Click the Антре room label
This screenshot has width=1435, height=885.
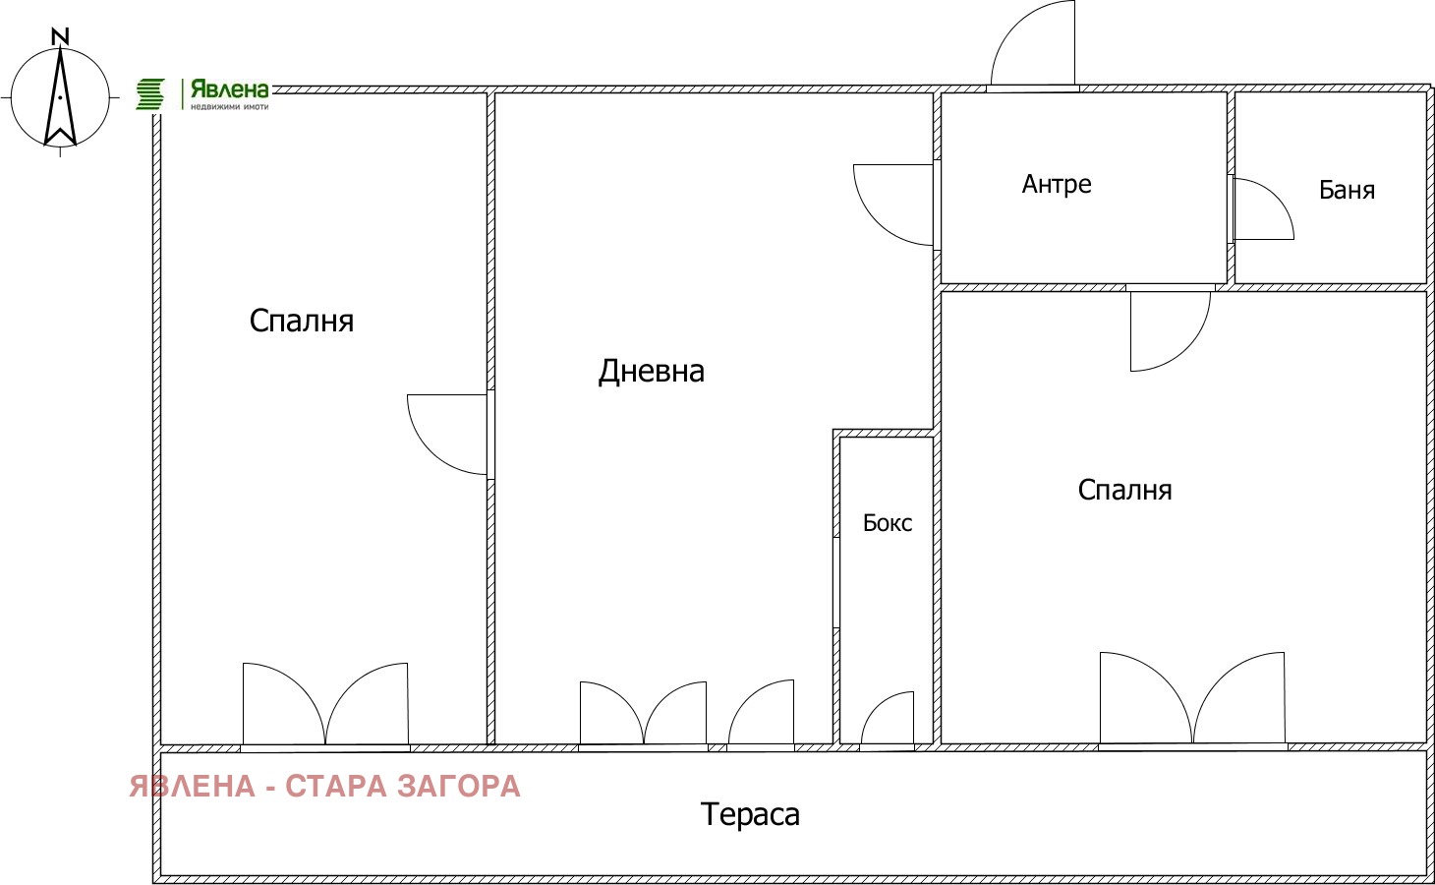pos(1057,185)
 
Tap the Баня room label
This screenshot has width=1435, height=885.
pos(1347,190)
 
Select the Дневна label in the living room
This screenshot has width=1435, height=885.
pos(652,372)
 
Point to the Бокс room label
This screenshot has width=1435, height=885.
pos(887,523)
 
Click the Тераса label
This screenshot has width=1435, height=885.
pos(750,815)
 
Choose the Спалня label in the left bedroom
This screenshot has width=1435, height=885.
pos(302,322)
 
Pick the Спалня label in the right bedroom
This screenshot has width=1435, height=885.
pos(1124,490)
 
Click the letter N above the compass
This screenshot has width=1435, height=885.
pos(60,37)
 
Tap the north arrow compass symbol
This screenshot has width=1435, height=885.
pos(60,98)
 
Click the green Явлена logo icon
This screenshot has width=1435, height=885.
pos(150,94)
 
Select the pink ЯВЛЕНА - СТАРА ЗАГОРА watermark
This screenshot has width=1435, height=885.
pos(324,787)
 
